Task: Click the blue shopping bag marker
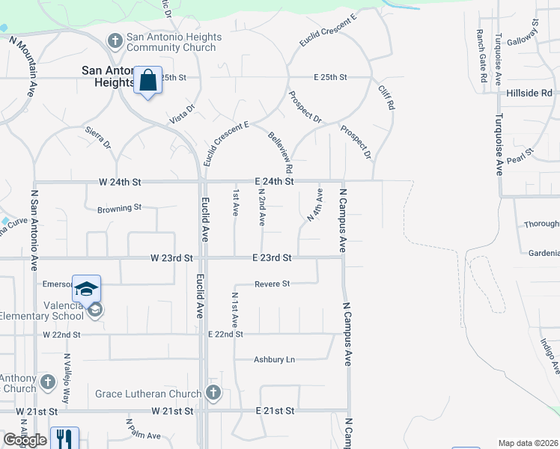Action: point(147,79)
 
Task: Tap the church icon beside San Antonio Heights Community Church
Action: point(116,40)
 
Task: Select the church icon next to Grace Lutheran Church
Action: point(213,392)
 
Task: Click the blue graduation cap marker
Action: point(86,289)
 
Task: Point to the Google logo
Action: point(25,440)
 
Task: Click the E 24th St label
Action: point(273,182)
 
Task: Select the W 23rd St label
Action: point(171,257)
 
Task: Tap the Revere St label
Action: point(272,284)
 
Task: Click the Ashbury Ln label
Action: point(274,360)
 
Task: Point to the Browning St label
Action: point(119,207)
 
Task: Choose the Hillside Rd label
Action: point(529,93)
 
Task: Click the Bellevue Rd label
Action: point(279,148)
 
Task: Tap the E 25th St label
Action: point(331,77)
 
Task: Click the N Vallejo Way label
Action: point(67,379)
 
